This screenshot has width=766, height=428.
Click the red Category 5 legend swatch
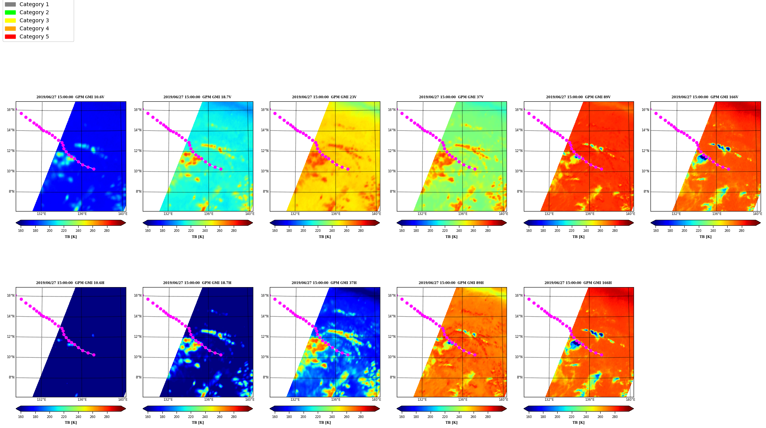click(x=10, y=36)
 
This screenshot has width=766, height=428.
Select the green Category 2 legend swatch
click(x=10, y=12)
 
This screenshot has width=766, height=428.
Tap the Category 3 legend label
click(x=34, y=20)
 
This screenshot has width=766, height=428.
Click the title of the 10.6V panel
click(x=70, y=97)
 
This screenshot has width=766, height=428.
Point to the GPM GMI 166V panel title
click(x=705, y=97)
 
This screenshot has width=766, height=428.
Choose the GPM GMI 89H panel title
click(x=451, y=283)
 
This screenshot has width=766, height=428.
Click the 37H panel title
click(x=324, y=283)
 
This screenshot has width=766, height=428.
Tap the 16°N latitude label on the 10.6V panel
click(x=10, y=110)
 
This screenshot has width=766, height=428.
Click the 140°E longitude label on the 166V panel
click(x=757, y=214)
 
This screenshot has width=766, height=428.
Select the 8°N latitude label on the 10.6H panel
click(x=12, y=377)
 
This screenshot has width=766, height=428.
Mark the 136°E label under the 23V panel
click(x=336, y=214)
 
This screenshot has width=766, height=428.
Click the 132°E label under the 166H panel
click(x=549, y=400)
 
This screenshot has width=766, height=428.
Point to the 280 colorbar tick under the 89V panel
click(x=615, y=231)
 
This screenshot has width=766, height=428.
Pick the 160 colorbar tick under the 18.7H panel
click(x=148, y=416)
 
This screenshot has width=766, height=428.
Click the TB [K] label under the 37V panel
click(x=451, y=237)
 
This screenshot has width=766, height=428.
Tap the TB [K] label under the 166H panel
click(x=578, y=423)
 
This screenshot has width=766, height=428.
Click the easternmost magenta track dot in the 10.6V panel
click(x=94, y=169)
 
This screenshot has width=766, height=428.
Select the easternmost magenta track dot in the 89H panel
click(x=475, y=355)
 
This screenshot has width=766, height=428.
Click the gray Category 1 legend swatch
click(x=10, y=4)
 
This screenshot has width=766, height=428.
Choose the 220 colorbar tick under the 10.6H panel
click(x=64, y=416)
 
